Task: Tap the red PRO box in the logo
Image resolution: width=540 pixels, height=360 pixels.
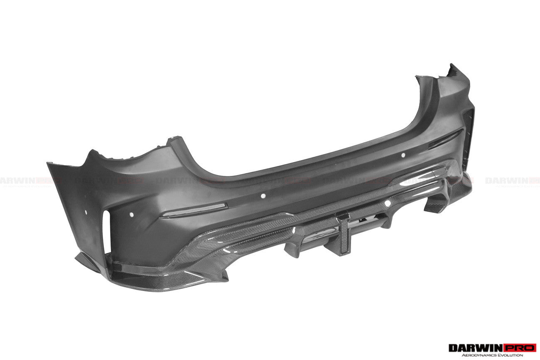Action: click(521, 348)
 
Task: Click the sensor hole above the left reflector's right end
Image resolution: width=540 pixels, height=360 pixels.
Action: click(263, 195)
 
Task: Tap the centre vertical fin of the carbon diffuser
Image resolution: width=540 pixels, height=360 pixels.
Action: click(343, 233)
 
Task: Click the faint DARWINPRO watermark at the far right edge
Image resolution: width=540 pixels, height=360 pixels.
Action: click(512, 180)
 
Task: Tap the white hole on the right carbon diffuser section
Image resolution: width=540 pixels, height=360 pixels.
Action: click(388, 203)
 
